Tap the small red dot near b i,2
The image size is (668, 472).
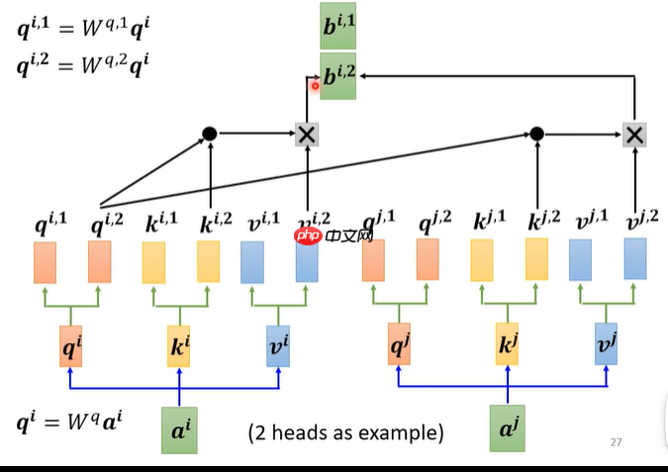pyautogui.click(x=316, y=85)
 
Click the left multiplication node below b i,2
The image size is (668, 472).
pyautogui.click(x=307, y=134)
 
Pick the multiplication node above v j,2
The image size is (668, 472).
pyautogui.click(x=634, y=134)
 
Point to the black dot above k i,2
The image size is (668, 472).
pyautogui.click(x=209, y=134)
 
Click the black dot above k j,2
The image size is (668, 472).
pyautogui.click(x=536, y=134)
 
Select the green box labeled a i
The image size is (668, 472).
pyautogui.click(x=178, y=428)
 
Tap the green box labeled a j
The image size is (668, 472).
pyautogui.click(x=508, y=428)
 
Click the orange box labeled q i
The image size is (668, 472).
pyautogui.click(x=70, y=346)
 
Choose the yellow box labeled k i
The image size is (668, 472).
pyautogui.click(x=179, y=346)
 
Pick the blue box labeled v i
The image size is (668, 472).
pyautogui.click(x=278, y=346)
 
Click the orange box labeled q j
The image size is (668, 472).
pyautogui.click(x=399, y=346)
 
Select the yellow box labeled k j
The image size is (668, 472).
pyautogui.click(x=508, y=346)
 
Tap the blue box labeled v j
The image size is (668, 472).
pyautogui.click(x=606, y=346)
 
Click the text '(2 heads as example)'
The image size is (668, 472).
pyautogui.click(x=345, y=432)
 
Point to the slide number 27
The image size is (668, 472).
pyautogui.click(x=616, y=442)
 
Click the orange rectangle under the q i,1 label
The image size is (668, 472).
pyautogui.click(x=46, y=261)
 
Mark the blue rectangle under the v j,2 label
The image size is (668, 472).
pyautogui.click(x=634, y=258)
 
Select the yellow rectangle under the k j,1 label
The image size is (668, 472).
pyautogui.click(x=482, y=261)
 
